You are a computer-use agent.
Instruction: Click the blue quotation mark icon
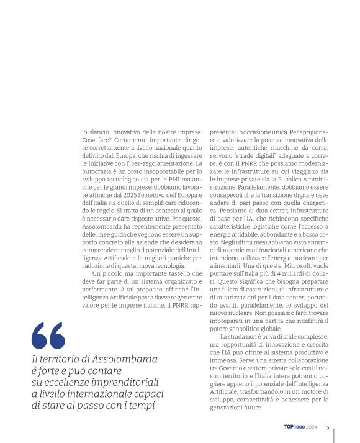pyautogui.click(x=48, y=336)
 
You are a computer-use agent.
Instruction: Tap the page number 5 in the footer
pyautogui.click(x=327, y=427)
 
